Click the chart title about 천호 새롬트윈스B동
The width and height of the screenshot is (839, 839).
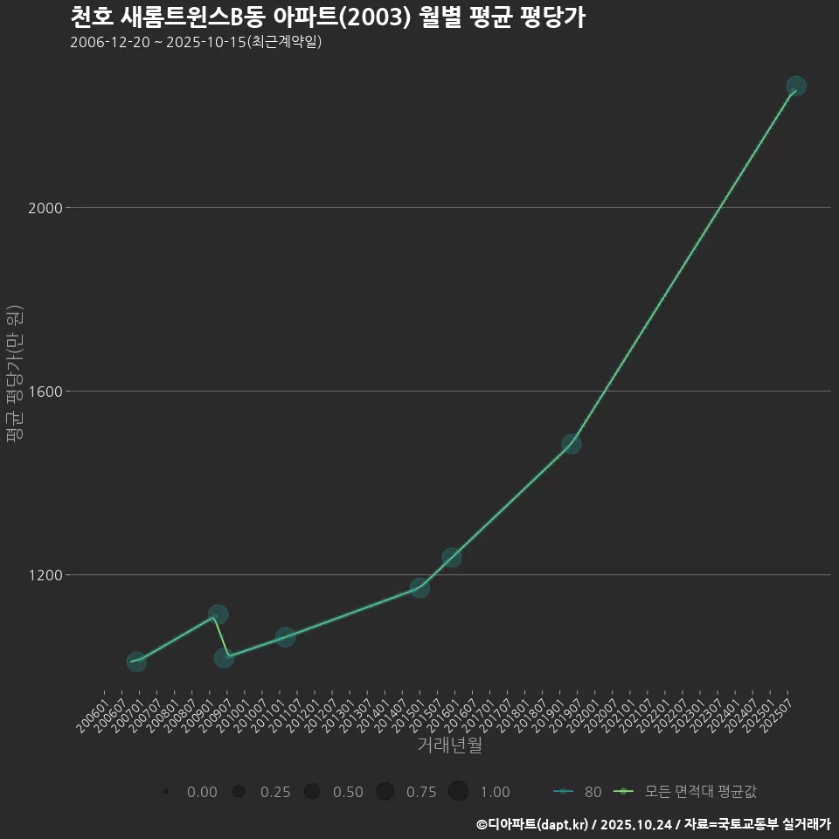[x=327, y=17]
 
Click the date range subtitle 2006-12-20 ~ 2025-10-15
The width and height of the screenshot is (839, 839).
[x=196, y=42]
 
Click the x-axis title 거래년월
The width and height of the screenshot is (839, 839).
[x=449, y=745]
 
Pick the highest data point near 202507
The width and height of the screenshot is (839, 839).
[x=796, y=86]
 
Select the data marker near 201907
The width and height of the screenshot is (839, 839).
[x=572, y=443]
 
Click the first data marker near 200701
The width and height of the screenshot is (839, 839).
[x=136, y=662]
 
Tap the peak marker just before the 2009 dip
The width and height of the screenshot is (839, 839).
[x=218, y=614]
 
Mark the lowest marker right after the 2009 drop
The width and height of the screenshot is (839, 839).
[x=225, y=657]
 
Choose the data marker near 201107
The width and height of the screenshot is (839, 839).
[x=285, y=637]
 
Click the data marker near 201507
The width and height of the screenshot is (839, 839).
[x=420, y=587]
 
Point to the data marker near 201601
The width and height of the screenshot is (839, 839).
[x=452, y=558]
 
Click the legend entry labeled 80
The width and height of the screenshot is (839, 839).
[x=592, y=792]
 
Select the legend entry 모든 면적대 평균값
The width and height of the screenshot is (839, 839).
[x=700, y=792]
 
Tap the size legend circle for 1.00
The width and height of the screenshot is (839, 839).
[x=458, y=792]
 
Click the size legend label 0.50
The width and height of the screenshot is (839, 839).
[x=348, y=792]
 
